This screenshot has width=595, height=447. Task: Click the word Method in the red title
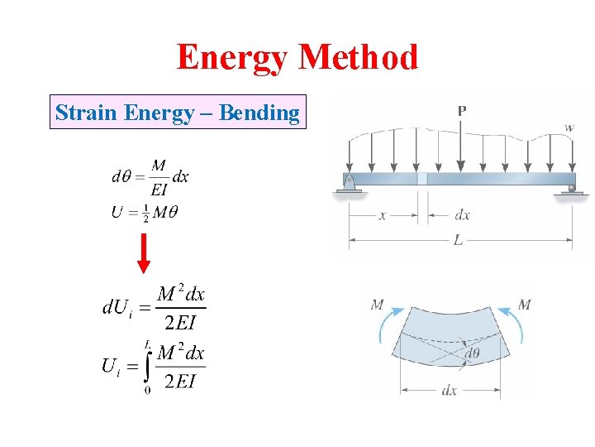tap(359, 57)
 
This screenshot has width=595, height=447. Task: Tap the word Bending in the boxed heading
tap(259, 113)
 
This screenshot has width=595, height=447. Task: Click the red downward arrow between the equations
tap(144, 252)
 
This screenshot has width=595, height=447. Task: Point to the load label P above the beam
tap(461, 110)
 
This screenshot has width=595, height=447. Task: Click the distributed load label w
tap(569, 127)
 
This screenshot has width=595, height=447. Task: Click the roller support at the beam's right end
tap(571, 190)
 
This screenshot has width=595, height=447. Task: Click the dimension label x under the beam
tap(383, 215)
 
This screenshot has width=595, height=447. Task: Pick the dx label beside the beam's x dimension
tap(462, 215)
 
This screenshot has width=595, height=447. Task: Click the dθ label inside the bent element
tap(472, 354)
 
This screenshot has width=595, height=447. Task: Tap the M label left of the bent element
tap(377, 305)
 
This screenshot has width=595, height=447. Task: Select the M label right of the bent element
tap(524, 305)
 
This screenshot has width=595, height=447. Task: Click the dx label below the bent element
tap(449, 390)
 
